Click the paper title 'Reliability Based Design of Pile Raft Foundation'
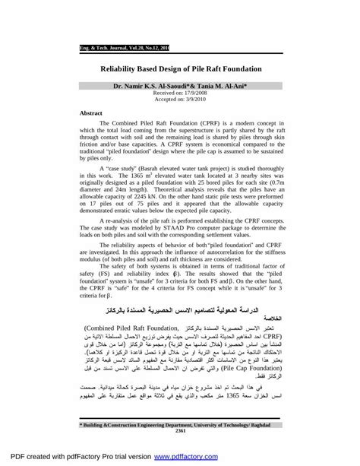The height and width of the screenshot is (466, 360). point(181,68)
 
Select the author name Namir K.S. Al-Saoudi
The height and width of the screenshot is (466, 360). point(151,87)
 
